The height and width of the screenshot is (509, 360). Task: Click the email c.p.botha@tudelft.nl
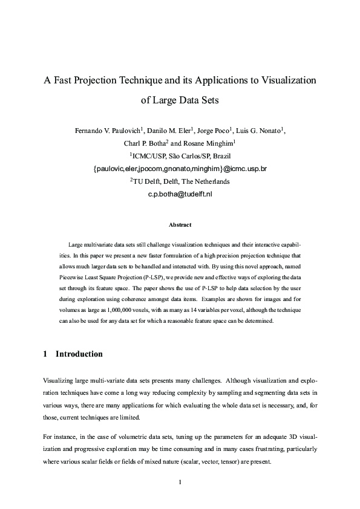point(180,194)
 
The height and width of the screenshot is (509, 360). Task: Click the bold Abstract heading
point(180,225)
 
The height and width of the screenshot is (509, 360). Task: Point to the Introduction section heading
point(79,354)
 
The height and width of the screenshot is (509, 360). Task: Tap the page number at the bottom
point(180,482)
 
